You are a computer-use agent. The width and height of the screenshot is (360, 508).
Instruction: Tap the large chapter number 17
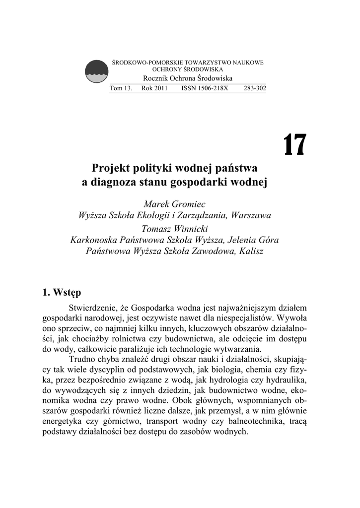tap(295, 145)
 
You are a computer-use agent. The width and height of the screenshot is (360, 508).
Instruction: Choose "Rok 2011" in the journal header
tap(154, 88)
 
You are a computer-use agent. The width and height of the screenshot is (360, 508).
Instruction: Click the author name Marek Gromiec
tap(174, 204)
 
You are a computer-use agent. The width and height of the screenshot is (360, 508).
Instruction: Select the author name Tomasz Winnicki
tap(174, 229)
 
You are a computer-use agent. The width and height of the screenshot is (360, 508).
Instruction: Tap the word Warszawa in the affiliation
tap(250, 216)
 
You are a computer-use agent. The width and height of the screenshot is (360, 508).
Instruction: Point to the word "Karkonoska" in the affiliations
tap(93, 240)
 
